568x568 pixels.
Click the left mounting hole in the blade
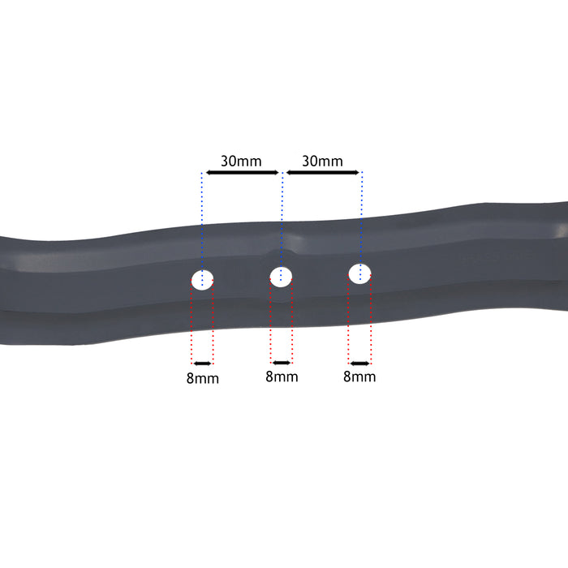(202, 280)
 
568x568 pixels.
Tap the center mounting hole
(281, 276)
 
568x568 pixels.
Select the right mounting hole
(359, 273)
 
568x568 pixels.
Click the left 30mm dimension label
(241, 161)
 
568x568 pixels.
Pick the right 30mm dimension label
(322, 161)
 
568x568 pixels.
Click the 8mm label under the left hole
(202, 378)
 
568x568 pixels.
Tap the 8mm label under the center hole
(282, 377)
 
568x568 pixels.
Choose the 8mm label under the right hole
(359, 377)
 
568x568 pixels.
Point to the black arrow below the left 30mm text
(242, 172)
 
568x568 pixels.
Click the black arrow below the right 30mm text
(322, 172)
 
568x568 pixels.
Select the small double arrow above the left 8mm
(202, 363)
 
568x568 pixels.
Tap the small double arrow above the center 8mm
(282, 362)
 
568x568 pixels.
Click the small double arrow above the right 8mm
(359, 362)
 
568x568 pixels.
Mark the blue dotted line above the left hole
(202, 219)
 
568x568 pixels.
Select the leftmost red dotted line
(191, 325)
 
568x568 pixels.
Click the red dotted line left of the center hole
(270, 325)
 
